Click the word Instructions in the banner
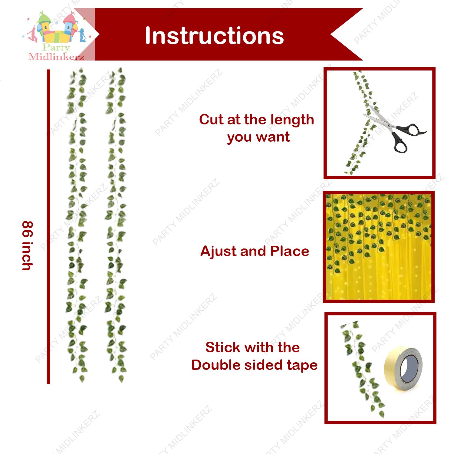tap(214, 36)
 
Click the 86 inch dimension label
tap(28, 245)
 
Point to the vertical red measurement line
tap(48, 227)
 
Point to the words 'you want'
tap(258, 137)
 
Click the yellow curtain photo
tap(379, 247)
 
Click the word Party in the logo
tap(56, 47)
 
